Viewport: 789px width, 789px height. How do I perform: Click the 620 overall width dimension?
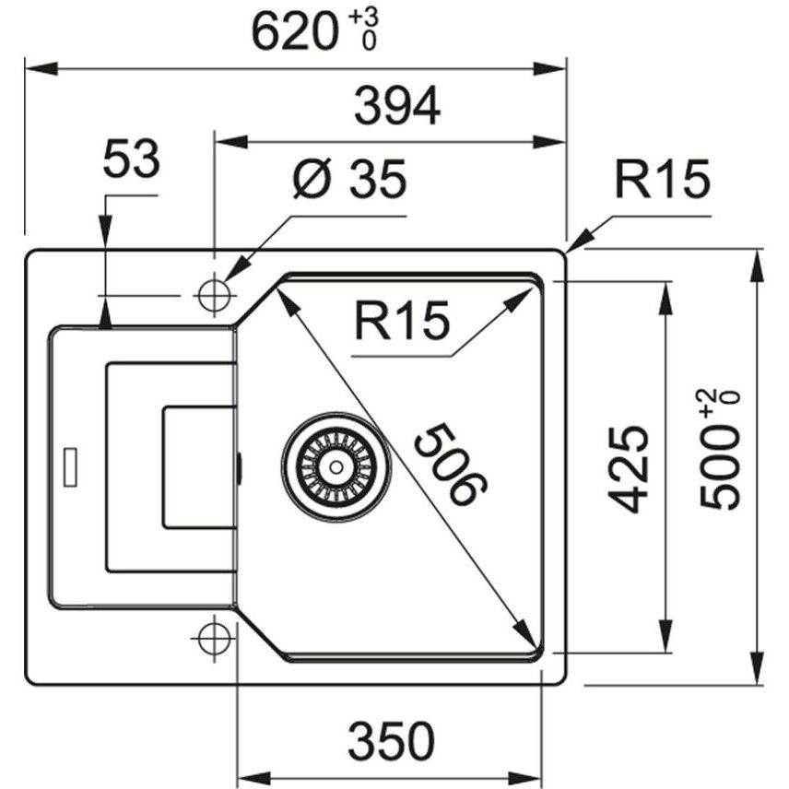click(x=294, y=32)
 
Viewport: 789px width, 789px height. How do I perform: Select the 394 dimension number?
click(x=397, y=106)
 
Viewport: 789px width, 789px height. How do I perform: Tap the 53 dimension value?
click(x=131, y=159)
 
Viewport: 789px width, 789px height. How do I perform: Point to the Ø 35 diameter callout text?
click(x=349, y=179)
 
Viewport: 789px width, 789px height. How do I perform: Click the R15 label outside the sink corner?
click(x=662, y=179)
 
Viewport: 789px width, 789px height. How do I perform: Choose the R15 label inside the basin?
click(x=402, y=321)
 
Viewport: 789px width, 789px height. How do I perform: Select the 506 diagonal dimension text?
click(x=451, y=464)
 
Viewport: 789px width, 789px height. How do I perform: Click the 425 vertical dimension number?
click(x=628, y=468)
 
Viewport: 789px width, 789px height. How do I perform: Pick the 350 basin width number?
click(x=391, y=741)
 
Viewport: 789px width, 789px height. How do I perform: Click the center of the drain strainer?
click(x=336, y=467)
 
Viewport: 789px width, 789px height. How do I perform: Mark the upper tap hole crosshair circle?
click(x=215, y=296)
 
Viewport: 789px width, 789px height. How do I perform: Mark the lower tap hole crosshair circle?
click(x=215, y=638)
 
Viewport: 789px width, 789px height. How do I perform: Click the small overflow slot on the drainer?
click(x=70, y=467)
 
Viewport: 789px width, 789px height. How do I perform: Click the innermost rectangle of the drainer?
click(x=199, y=467)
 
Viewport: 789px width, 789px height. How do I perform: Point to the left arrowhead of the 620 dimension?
click(x=41, y=69)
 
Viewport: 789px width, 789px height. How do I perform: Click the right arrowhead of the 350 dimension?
click(x=524, y=776)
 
